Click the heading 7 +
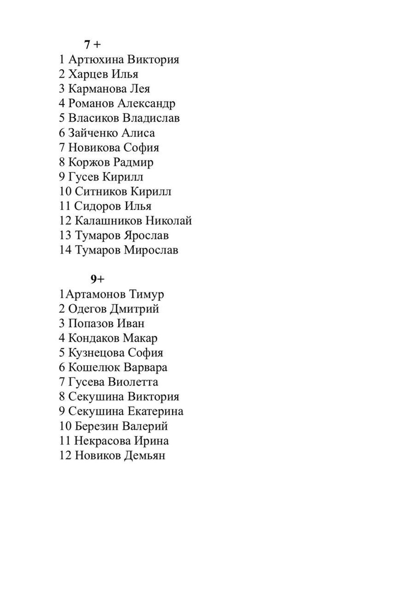point(92,45)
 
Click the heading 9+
point(97,279)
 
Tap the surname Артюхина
point(96,59)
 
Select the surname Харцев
point(86,74)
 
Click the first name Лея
point(140,89)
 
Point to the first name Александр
point(147,104)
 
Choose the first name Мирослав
point(151,250)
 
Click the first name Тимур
point(147,294)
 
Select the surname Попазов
point(91,324)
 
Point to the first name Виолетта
point(136,382)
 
